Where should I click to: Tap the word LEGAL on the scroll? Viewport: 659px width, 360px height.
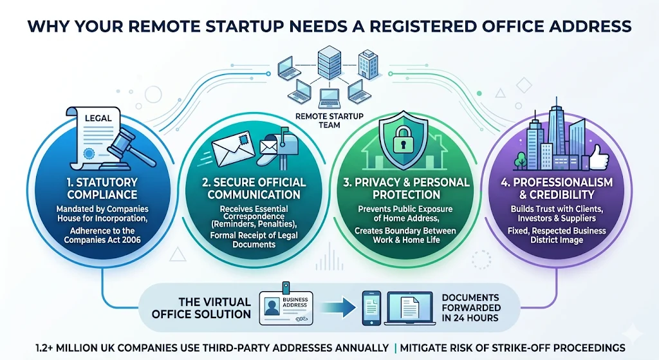point(97,118)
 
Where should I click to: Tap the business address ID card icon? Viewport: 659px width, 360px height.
point(287,307)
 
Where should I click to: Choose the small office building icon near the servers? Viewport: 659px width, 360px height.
point(367,63)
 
